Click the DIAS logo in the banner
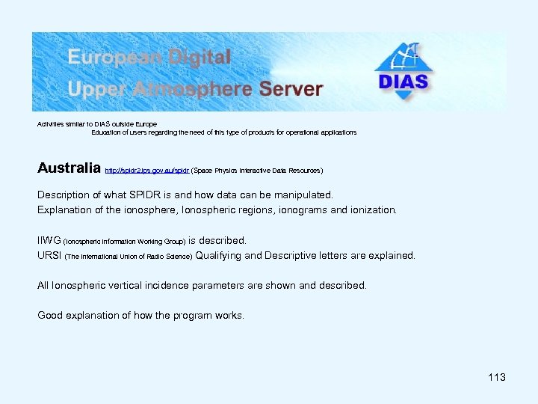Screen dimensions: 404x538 tap(403, 72)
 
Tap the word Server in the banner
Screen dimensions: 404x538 tap(291, 89)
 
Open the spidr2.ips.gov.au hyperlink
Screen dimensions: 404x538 tap(147, 171)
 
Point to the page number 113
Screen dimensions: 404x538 tap(497, 377)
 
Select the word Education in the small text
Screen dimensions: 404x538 tap(109, 132)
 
